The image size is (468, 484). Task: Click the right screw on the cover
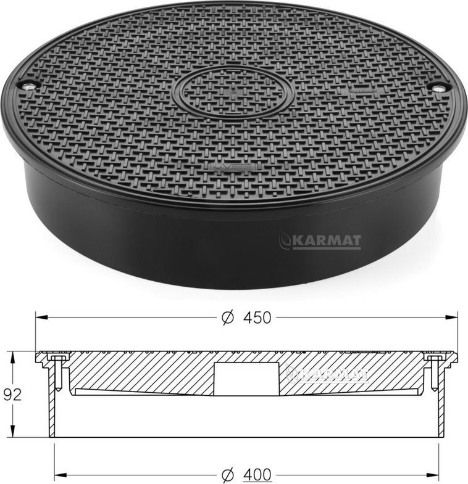(438, 89)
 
